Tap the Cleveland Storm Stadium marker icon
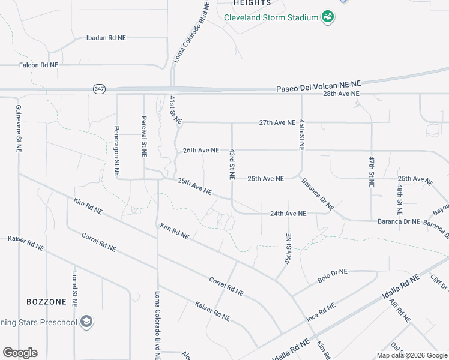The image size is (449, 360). point(327,17)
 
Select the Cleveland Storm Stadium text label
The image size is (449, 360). point(271,17)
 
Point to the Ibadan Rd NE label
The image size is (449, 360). point(106,37)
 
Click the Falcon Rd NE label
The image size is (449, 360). point(38,65)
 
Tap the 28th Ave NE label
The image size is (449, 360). point(341,94)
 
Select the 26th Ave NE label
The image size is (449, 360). point(201,150)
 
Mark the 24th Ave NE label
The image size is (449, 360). point(288,213)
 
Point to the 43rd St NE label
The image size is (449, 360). point(232,165)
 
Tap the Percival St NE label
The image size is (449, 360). point(145,137)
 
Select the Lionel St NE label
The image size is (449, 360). point(75,289)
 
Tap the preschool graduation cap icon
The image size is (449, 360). point(87,322)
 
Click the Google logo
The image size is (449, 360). point(20,352)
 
